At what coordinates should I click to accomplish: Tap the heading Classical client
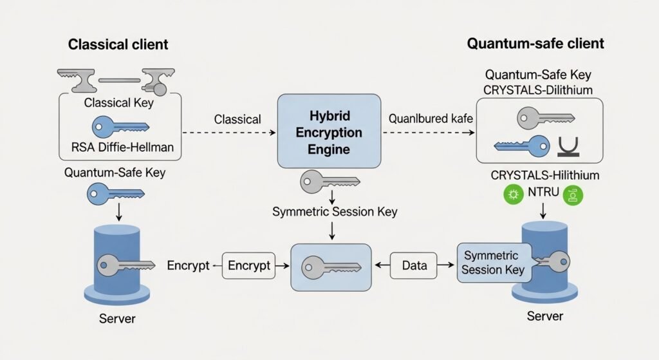pos(118,44)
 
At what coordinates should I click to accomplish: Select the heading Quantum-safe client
pos(535,44)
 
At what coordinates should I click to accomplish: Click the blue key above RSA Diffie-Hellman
pos(120,126)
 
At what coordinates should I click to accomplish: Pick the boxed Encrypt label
pos(249,266)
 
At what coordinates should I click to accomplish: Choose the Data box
pos(414,265)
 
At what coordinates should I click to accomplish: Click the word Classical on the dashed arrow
pos(237,119)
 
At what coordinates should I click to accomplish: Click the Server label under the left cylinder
pos(118,319)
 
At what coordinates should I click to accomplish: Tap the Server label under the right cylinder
pos(544,316)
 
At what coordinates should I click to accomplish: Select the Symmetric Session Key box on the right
pos(494,263)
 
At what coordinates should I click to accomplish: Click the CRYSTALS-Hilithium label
pos(544,175)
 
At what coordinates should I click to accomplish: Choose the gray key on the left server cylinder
pos(125,265)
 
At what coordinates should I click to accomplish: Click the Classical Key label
pos(118,103)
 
